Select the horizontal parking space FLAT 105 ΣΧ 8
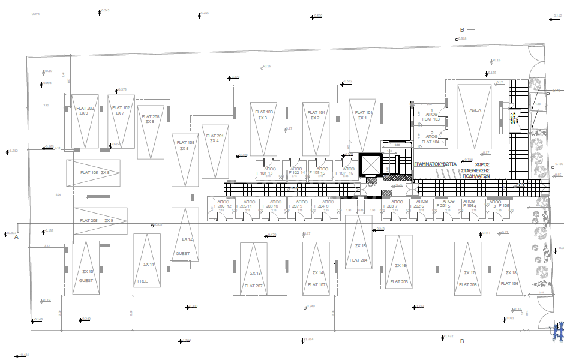pos(93,173)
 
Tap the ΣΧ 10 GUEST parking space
pos(86,268)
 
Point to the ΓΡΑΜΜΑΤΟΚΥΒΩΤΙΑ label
pos(435,163)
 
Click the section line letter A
pos(17,237)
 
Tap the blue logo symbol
pos(557,331)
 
